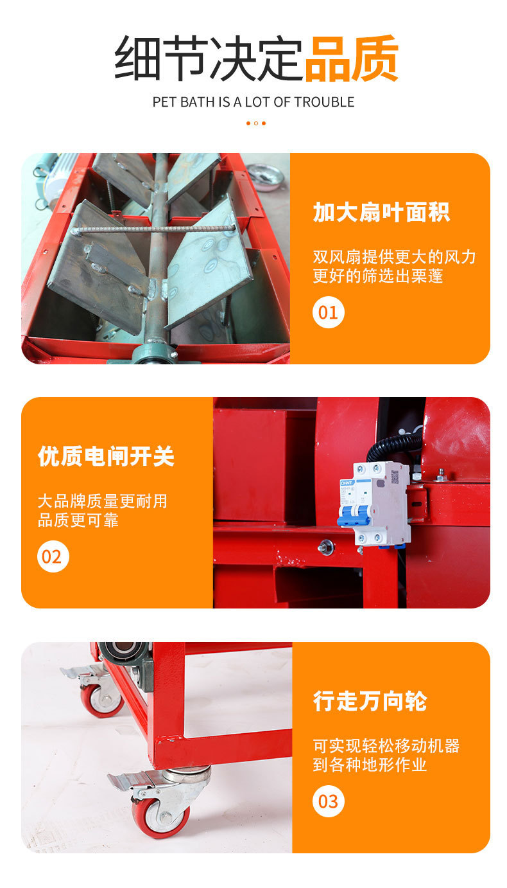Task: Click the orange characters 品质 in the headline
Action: point(351,58)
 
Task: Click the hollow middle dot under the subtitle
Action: point(256,123)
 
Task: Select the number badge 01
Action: point(329,312)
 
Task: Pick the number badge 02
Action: point(53,556)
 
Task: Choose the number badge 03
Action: point(329,801)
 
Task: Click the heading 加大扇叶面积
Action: point(381,213)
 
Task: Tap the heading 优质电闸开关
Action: point(106,456)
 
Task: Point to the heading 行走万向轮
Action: point(370,701)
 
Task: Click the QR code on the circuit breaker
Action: point(395,477)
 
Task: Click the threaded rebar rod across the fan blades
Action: point(153,229)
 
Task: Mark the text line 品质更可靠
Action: point(78,520)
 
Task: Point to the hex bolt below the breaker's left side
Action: point(326,547)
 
